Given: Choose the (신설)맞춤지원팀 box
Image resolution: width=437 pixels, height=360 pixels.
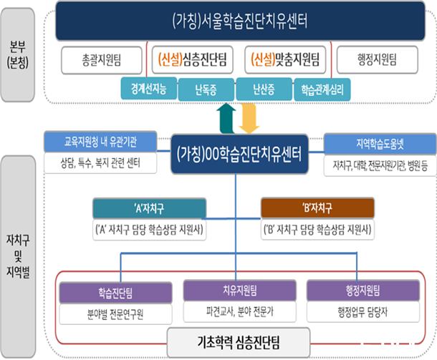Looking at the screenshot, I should coord(285,58).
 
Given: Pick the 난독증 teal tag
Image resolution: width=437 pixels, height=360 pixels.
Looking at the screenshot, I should coord(206,89).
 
